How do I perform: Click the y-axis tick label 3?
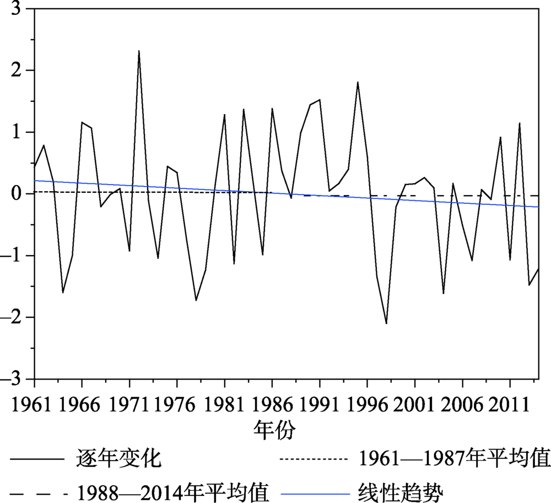point(20,9)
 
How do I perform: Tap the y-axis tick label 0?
point(20,194)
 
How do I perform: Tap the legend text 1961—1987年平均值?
point(454,458)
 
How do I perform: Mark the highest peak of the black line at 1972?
point(139,51)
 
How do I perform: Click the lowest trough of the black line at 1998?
point(386,323)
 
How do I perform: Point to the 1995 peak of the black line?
point(358,82)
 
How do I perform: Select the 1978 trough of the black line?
point(196,300)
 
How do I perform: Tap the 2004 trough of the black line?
point(444,294)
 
